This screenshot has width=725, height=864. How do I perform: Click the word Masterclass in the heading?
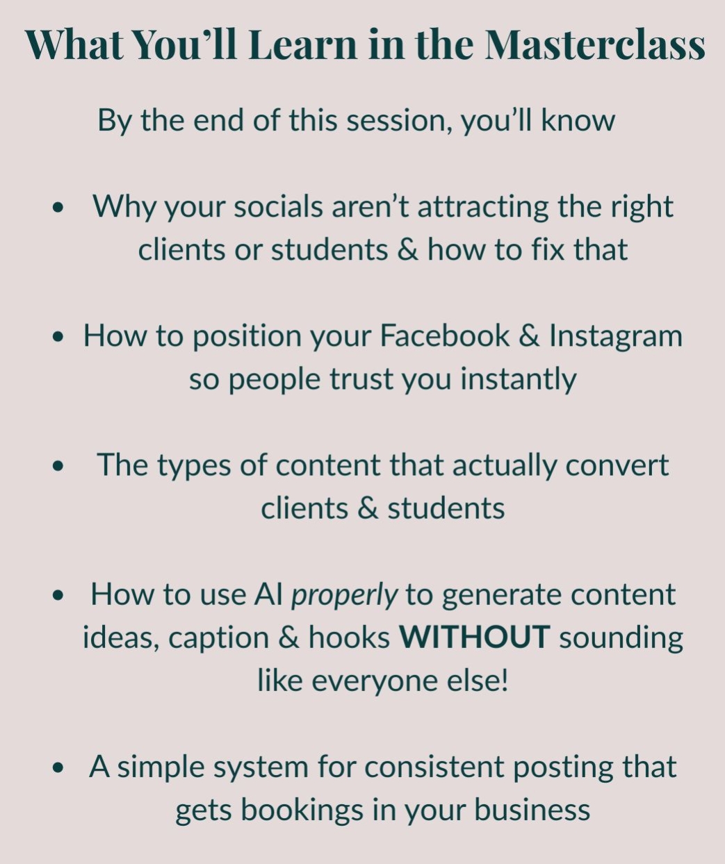coord(594,44)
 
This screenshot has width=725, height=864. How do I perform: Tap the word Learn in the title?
coord(302,44)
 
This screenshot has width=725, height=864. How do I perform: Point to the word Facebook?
coord(445,335)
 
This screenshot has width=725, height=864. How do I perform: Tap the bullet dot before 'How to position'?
coord(58,336)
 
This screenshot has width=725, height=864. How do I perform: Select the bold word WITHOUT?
coord(474,637)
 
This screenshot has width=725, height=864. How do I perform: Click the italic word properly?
coord(344,595)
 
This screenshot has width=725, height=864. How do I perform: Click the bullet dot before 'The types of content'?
coord(58,465)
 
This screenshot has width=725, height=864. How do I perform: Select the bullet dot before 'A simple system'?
coord(58,767)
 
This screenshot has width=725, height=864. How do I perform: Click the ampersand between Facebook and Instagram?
coord(529,335)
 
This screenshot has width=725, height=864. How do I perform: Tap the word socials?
coord(279,206)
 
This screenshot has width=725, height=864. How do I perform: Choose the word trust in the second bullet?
coord(361,379)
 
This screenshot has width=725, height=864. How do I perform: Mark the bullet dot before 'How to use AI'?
coord(58,595)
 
